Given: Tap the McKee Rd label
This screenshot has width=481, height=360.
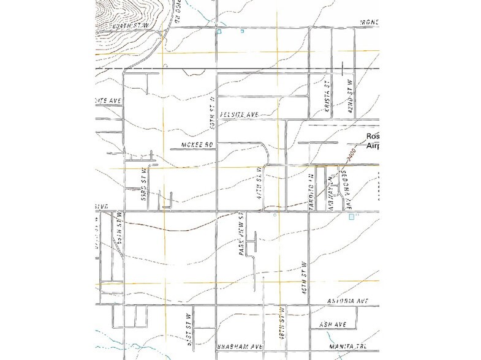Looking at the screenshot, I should tap(197, 144).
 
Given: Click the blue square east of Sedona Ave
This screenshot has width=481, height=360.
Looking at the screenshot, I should tap(350, 217).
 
